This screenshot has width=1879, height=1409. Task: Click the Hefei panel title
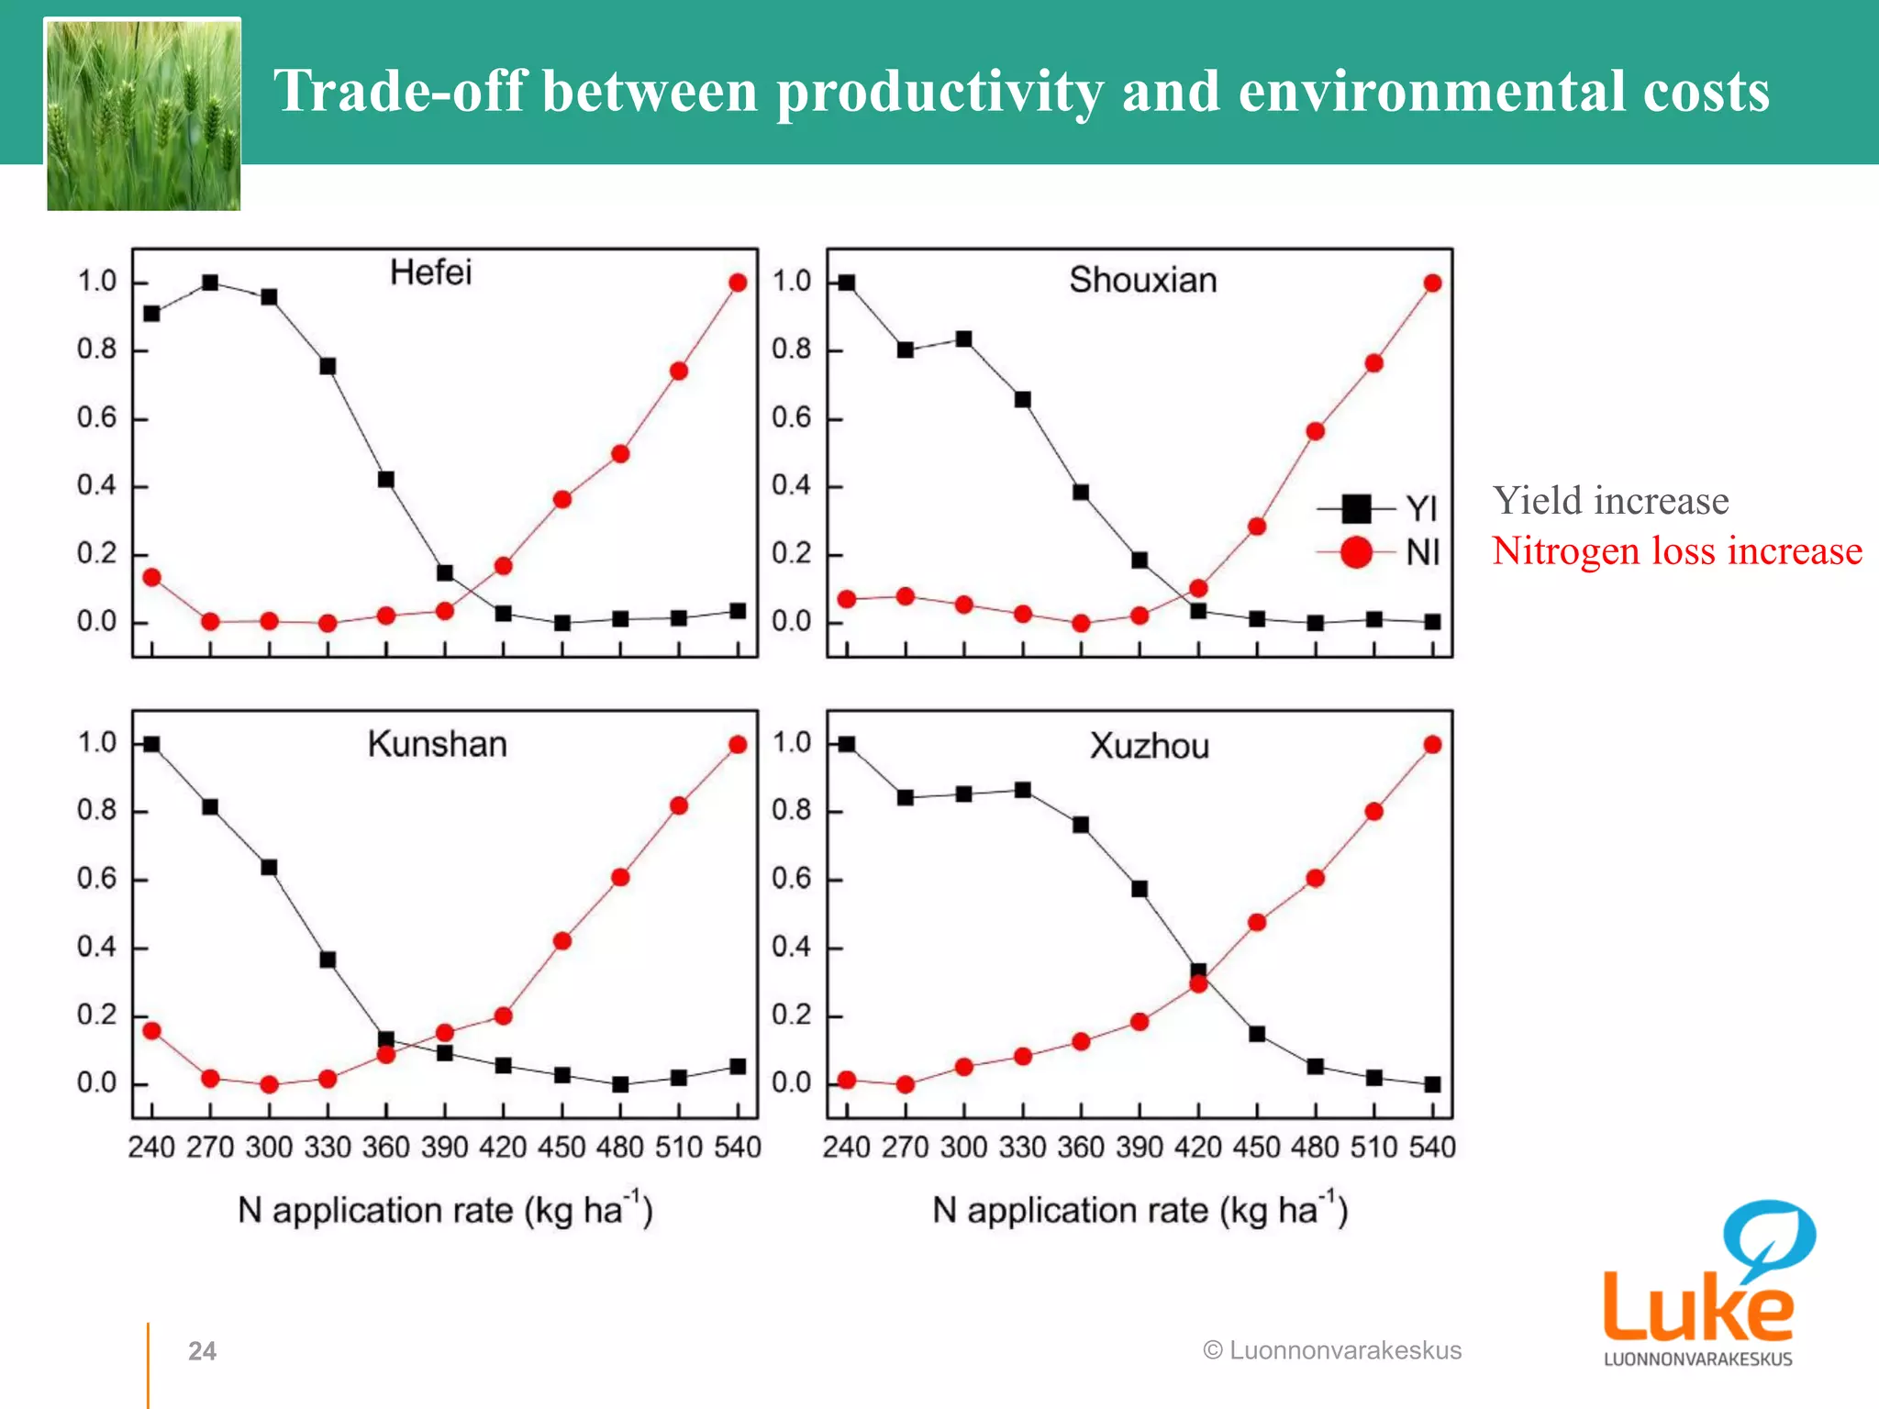[x=430, y=272]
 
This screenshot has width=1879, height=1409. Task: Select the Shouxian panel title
[x=1142, y=280]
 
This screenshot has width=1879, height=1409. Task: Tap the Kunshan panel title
[x=437, y=744]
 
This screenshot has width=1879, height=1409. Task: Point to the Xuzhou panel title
[x=1149, y=746]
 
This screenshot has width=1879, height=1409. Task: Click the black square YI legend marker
[x=1356, y=508]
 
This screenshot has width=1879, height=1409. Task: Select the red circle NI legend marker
[x=1356, y=552]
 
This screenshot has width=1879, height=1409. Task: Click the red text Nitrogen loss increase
[x=1676, y=551]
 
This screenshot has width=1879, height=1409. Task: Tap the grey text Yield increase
[x=1610, y=501]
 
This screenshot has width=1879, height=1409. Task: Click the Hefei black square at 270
[x=210, y=283]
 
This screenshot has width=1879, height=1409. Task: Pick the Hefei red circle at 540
[x=738, y=283]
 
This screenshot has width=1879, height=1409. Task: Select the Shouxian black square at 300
[x=963, y=339]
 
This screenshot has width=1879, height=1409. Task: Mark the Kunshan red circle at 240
[x=152, y=1031]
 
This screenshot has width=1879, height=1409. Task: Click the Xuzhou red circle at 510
[x=1373, y=812]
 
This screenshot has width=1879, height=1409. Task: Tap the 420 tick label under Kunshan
[x=503, y=1147]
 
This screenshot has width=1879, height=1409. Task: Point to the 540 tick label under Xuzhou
[x=1432, y=1147]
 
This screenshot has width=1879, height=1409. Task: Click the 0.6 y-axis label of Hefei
[x=96, y=418]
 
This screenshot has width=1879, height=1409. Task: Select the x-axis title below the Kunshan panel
[x=445, y=1210]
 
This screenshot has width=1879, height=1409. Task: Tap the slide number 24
[x=202, y=1351]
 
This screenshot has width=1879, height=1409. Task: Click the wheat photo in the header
[x=144, y=116]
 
